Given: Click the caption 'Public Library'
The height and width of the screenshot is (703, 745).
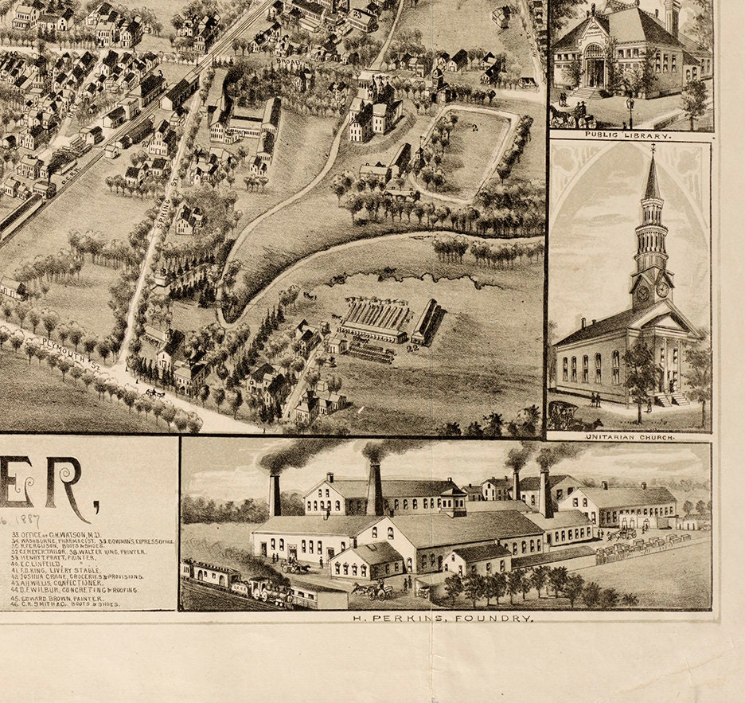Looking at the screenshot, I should click(629, 136).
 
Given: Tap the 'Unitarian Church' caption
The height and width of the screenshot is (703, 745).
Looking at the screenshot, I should click(629, 437).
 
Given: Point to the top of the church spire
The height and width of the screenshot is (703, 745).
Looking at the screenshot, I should click(653, 150).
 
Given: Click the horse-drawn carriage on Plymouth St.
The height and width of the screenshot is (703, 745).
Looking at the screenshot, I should click(154, 393).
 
